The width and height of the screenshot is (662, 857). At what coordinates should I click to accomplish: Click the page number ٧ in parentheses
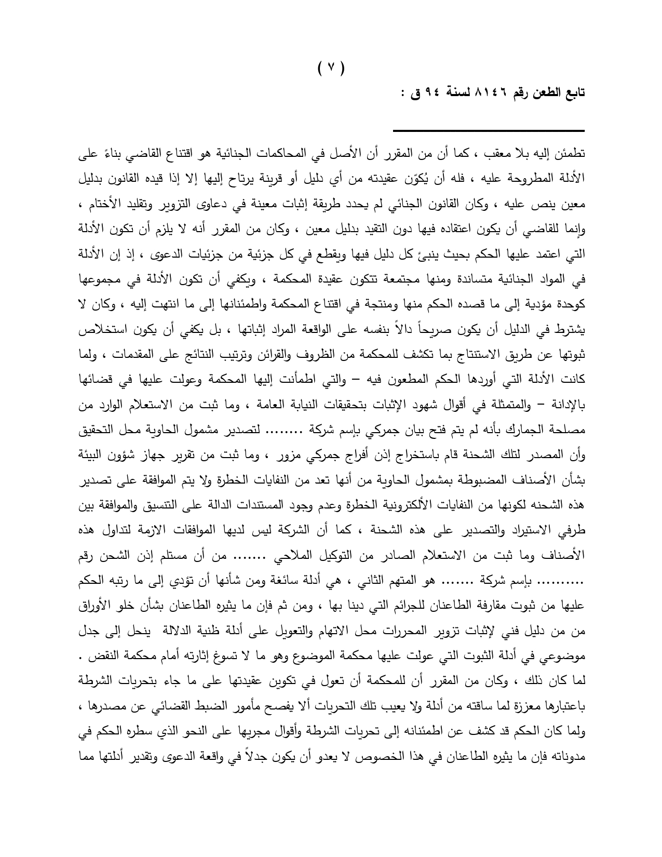point(331,67)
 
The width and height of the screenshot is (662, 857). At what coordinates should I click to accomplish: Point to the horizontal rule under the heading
point(488,130)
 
